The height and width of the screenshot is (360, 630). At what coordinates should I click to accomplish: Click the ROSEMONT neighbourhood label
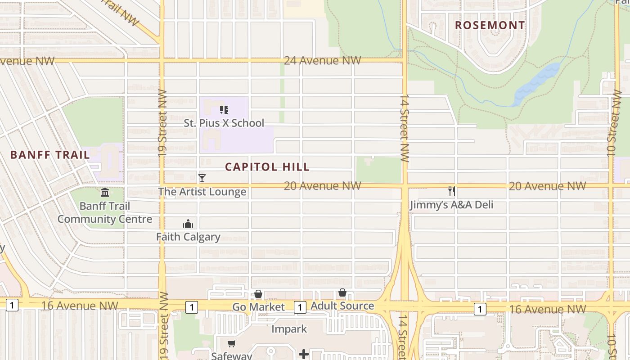click(490, 25)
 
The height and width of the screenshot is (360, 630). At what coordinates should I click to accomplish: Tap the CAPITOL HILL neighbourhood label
click(267, 167)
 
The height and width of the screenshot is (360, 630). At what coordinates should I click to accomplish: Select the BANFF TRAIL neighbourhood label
click(50, 155)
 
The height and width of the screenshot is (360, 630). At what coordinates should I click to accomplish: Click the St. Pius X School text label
click(224, 123)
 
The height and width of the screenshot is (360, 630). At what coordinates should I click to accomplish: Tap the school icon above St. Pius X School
click(224, 109)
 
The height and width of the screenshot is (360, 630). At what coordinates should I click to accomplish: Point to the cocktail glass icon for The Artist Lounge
click(202, 178)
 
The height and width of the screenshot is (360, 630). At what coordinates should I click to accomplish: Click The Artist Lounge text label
click(202, 192)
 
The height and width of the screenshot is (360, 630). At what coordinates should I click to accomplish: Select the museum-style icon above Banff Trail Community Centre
click(105, 193)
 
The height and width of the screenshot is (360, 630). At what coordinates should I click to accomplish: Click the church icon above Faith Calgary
click(188, 224)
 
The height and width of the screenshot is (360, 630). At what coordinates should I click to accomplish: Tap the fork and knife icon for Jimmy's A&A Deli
click(452, 191)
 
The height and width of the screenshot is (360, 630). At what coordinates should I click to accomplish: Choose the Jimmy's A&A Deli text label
click(451, 205)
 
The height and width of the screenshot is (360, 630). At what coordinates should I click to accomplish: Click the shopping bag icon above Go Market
click(258, 294)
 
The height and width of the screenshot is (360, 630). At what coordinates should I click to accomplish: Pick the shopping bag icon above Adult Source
click(342, 293)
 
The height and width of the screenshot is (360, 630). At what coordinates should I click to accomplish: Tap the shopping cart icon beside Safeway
click(231, 344)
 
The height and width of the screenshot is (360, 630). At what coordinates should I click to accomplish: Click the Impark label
click(289, 329)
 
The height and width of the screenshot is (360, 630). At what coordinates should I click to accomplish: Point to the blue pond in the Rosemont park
click(538, 83)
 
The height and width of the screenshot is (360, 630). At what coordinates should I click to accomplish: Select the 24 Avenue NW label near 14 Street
click(323, 60)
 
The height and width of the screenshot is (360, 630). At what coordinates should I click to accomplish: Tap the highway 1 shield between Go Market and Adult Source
click(300, 307)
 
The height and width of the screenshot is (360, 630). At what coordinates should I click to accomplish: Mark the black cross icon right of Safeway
click(304, 354)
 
